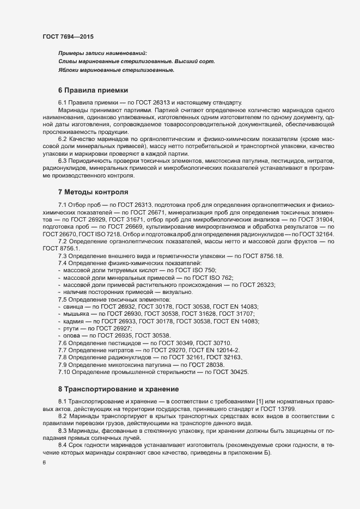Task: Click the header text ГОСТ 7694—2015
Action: click(68, 37)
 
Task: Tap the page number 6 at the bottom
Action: click(45, 462)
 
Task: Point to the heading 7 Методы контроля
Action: click(93, 192)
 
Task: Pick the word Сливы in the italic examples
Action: click(67, 62)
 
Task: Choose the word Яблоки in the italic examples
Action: click(69, 70)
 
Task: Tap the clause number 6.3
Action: click(63, 162)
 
